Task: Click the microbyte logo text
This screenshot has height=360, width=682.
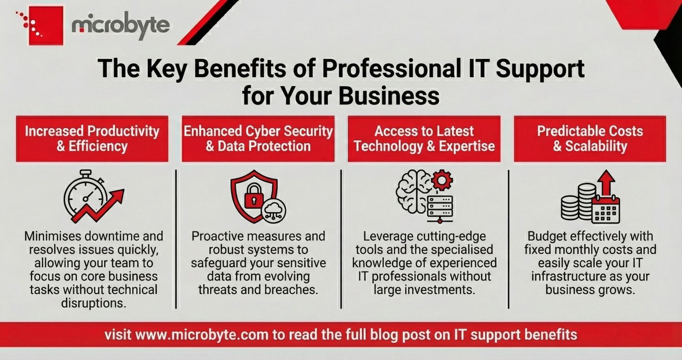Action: [x=120, y=26]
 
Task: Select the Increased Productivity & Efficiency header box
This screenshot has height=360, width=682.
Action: [x=92, y=139]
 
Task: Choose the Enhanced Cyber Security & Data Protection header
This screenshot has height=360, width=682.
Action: [x=258, y=139]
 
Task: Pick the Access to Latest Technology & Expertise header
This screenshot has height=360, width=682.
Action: [x=424, y=139]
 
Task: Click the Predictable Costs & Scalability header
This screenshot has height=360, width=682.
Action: [x=590, y=139]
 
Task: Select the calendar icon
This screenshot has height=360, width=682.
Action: [x=606, y=209]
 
